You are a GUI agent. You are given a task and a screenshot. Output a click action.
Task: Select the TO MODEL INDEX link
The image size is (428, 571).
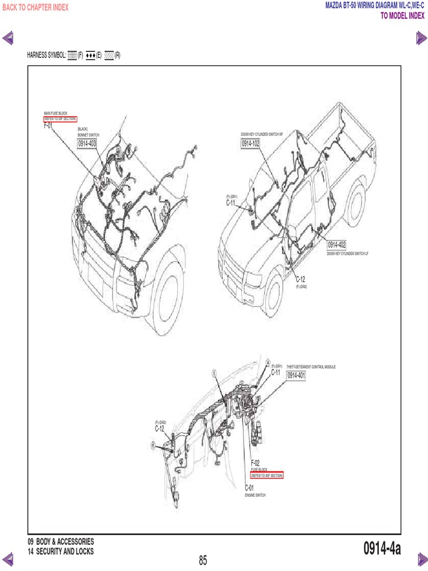click(x=402, y=16)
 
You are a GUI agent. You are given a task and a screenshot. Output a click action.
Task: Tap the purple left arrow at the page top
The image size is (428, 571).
click(x=9, y=38)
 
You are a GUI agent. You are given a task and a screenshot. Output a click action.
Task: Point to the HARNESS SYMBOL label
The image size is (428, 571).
click(x=46, y=56)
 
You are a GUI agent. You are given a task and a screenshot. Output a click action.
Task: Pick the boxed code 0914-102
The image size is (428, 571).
click(x=251, y=143)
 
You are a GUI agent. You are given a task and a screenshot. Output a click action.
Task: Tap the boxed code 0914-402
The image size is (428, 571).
click(x=337, y=245)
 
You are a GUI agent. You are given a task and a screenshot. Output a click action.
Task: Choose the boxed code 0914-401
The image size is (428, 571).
click(x=296, y=376)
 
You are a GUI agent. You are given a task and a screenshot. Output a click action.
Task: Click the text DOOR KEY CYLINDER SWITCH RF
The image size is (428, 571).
click(x=262, y=135)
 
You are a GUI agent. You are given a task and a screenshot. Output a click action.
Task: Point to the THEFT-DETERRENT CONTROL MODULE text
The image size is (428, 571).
click(x=311, y=367)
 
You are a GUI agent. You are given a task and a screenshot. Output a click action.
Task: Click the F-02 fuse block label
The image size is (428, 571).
click(x=255, y=463)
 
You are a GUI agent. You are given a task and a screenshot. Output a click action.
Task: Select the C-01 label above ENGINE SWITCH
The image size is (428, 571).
click(x=250, y=488)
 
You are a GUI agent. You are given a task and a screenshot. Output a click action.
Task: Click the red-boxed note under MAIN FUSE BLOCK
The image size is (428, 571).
click(x=60, y=119)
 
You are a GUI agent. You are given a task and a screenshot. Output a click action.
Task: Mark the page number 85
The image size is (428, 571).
click(x=203, y=560)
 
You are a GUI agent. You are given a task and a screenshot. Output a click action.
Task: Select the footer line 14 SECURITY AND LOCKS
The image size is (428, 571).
click(x=60, y=551)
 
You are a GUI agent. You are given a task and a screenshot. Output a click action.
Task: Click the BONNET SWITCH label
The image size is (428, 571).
click(x=88, y=135)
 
